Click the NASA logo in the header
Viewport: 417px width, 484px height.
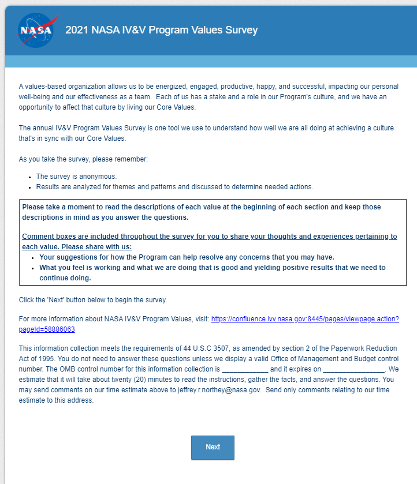[35, 30]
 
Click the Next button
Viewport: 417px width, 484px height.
[213, 447]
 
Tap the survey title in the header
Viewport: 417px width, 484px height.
[161, 30]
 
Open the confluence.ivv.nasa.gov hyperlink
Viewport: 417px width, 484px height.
[305, 318]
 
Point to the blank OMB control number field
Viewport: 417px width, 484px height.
[245, 369]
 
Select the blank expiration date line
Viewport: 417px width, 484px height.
[353, 369]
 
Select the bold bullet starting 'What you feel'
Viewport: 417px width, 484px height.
[212, 268]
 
